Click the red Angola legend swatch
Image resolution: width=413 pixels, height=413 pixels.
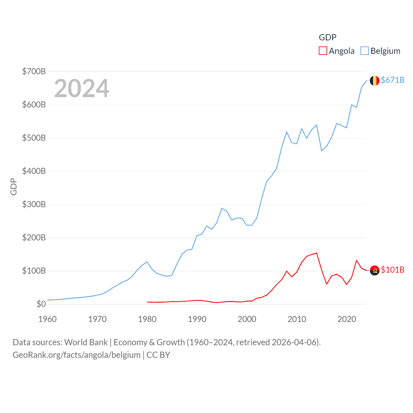[x=323, y=51]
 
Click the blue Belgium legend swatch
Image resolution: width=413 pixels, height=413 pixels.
[x=365, y=51]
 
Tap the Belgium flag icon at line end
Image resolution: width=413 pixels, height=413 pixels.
[x=374, y=81]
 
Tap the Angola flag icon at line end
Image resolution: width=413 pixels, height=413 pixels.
[x=374, y=270]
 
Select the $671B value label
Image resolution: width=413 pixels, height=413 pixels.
[x=392, y=80]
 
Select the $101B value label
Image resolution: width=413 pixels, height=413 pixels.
[x=392, y=270]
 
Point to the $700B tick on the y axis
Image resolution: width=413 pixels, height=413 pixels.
[x=34, y=71]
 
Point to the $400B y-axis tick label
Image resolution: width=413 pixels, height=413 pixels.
[x=34, y=171]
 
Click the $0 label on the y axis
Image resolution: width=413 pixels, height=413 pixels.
[x=41, y=304]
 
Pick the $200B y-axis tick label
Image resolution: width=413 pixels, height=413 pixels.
[x=34, y=238]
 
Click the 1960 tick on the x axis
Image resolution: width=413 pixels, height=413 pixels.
[x=47, y=319]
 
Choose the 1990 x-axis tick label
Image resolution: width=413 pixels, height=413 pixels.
[x=197, y=319]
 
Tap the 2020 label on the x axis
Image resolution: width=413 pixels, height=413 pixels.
[x=347, y=319]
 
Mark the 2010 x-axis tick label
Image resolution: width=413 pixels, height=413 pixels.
[x=297, y=319]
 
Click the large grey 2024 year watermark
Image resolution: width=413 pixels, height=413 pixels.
[x=82, y=88]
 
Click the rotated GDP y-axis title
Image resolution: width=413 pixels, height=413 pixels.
[x=14, y=186]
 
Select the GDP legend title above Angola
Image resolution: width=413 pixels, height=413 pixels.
[x=327, y=37]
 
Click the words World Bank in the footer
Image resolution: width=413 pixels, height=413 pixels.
[x=86, y=342]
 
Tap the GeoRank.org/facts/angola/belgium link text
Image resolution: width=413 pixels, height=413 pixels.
[x=76, y=355]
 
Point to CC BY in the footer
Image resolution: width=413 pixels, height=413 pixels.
[x=158, y=355]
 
